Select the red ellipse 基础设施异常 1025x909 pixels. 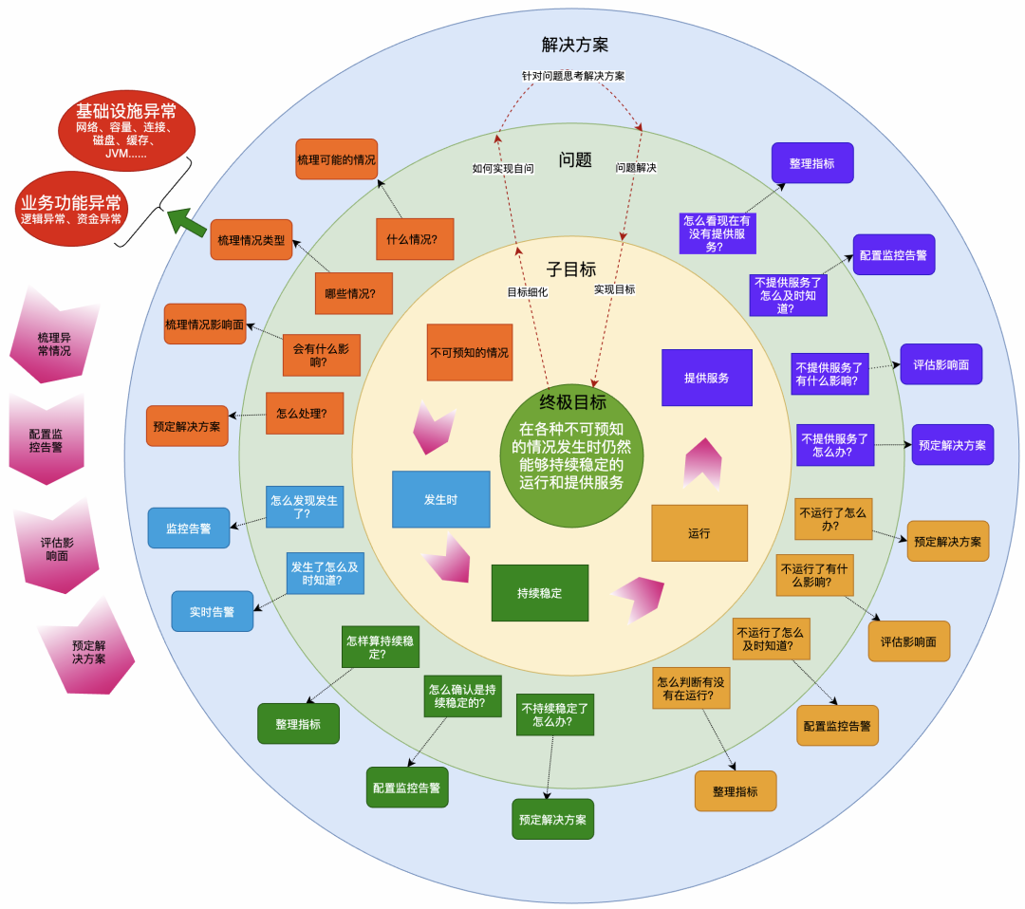(126, 128)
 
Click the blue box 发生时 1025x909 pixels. (440, 499)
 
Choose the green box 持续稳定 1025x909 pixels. (539, 593)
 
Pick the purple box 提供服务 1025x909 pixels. (706, 378)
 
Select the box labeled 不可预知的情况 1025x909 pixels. (469, 352)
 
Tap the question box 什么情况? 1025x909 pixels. (414, 239)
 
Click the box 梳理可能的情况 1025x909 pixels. (336, 159)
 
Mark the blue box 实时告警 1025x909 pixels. (212, 612)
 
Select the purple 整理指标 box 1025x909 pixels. (811, 163)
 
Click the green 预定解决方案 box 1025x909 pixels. (552, 819)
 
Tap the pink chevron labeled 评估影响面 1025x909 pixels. (56, 548)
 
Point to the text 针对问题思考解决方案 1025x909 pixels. (572, 75)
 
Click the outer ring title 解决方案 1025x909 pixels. (574, 45)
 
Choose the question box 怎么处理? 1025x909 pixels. (304, 414)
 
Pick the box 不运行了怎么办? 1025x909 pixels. (832, 519)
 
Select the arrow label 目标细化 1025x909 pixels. (527, 292)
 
